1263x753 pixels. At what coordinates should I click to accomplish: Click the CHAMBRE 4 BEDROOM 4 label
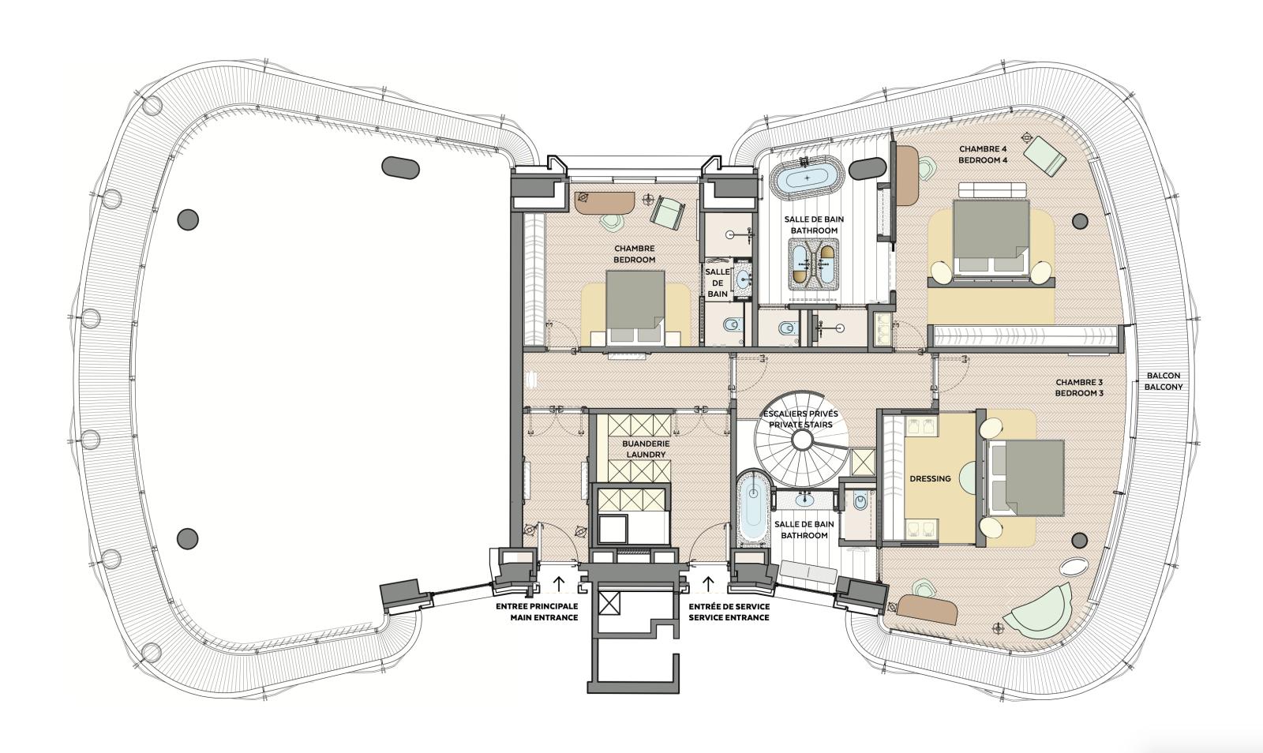(983, 154)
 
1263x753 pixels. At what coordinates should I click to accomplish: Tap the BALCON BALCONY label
(1164, 381)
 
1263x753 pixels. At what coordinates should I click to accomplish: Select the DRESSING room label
(930, 478)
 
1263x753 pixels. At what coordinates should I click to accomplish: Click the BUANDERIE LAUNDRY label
(646, 449)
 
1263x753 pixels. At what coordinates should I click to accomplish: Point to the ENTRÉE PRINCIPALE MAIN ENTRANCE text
(537, 611)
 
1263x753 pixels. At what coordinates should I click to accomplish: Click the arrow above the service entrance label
(708, 584)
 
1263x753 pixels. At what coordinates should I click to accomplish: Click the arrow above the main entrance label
(559, 584)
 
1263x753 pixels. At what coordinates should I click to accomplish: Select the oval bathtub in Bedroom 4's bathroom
(807, 178)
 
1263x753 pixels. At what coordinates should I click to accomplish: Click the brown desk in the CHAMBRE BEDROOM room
(604, 202)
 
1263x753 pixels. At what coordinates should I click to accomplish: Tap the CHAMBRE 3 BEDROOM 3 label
(1079, 387)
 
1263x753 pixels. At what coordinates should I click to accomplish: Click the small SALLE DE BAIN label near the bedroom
(717, 283)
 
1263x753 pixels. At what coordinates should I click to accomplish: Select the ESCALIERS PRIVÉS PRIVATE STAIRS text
(800, 418)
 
